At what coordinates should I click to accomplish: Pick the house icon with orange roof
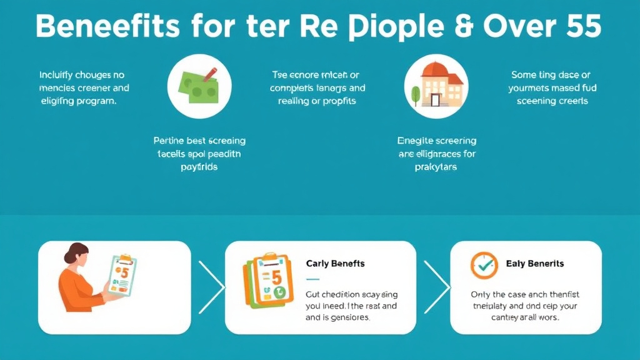437,86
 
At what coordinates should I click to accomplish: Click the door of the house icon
436,99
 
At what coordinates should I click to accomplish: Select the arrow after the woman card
211,287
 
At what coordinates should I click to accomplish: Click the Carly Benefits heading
336,263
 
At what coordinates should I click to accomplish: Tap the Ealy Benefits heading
535,264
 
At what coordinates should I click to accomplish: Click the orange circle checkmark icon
484,265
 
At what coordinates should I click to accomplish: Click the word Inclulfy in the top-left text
59,75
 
